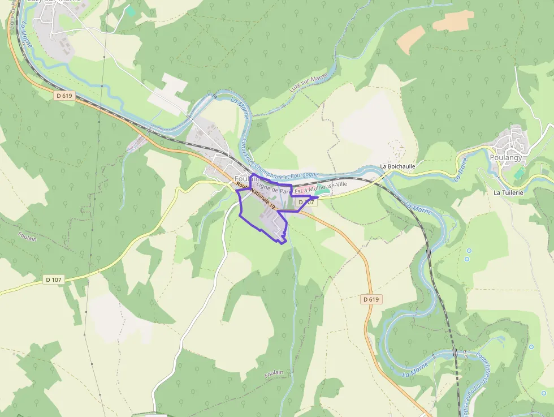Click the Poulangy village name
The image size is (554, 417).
506,158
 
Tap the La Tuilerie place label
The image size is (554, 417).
508,192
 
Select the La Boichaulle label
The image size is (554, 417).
397,166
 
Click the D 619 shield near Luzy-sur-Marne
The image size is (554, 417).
64,96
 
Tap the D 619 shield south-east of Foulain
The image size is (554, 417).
371,299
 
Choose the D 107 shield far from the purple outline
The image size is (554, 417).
54,280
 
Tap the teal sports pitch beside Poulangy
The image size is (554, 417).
520,173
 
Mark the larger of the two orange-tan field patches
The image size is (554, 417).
453,21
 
